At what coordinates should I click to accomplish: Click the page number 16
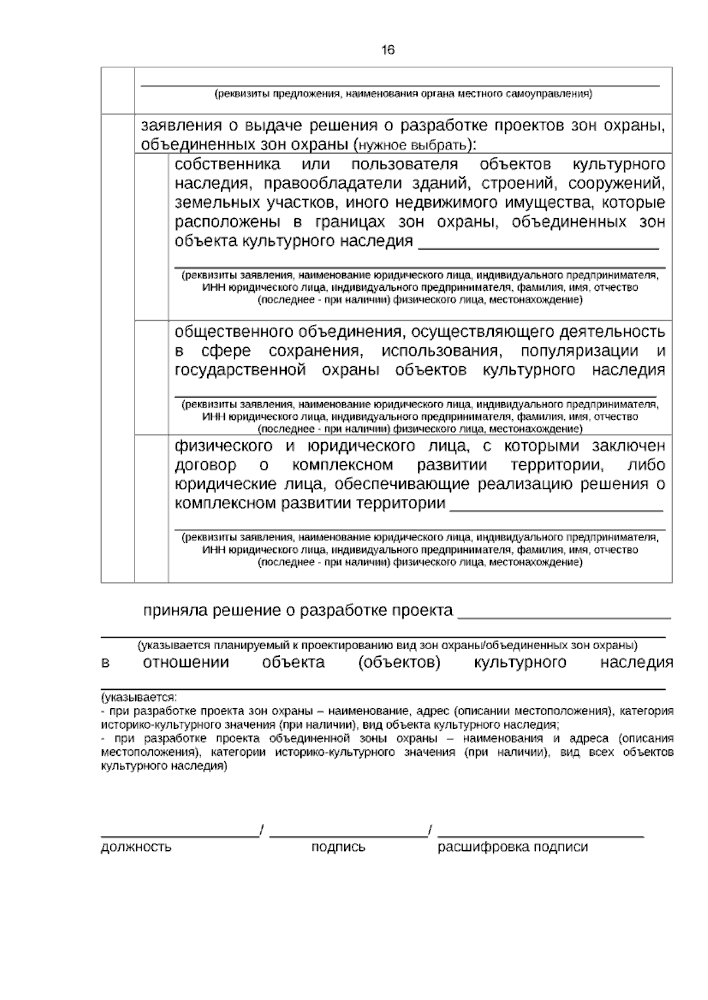388,50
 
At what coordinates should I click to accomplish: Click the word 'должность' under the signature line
136,847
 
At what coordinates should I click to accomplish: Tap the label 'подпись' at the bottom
338,847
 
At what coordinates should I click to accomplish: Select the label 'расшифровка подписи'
513,847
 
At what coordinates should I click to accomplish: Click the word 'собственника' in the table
228,164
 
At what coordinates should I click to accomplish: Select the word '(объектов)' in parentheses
399,663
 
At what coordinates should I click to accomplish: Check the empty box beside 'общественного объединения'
152,378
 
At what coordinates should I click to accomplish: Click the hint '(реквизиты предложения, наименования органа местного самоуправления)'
403,94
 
